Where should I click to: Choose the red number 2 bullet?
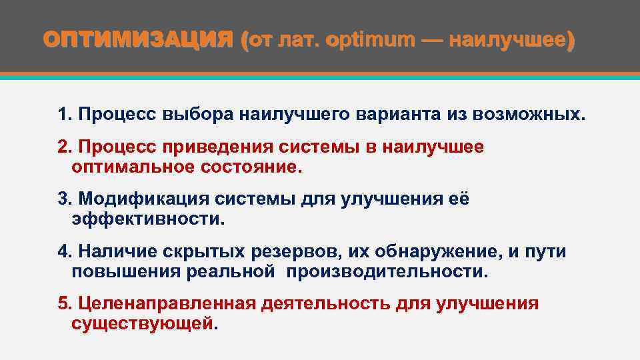point(64,147)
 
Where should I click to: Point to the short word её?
point(459,199)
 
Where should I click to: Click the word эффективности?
point(149,219)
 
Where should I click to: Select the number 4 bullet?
point(64,251)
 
